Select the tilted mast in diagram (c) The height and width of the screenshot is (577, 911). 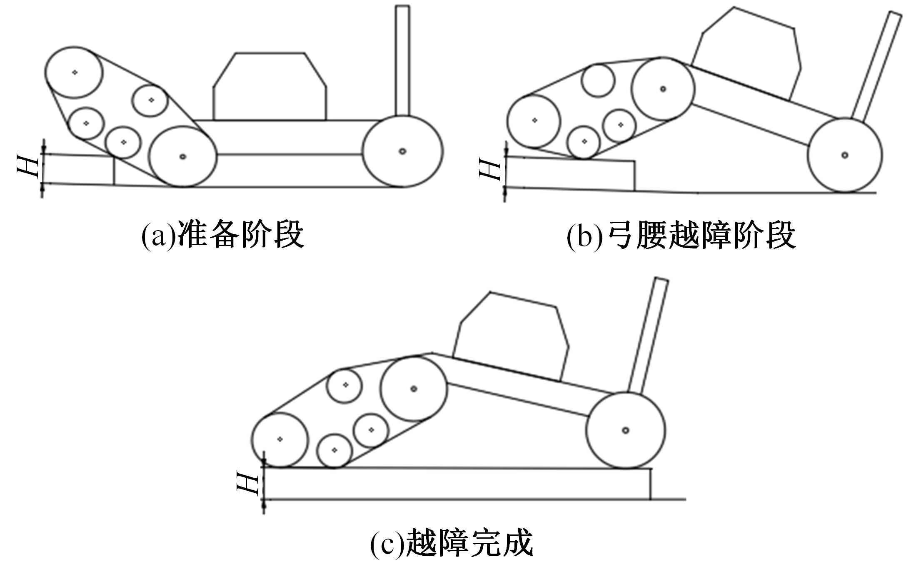[x=648, y=336]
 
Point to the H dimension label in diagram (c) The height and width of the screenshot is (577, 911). [x=247, y=482]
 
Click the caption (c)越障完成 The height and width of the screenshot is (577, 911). [x=452, y=542]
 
